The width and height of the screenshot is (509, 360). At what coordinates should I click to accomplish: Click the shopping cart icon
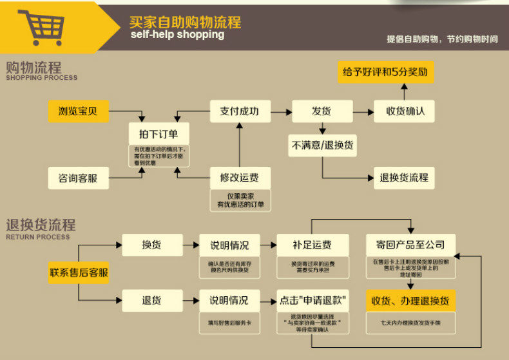[x=41, y=26]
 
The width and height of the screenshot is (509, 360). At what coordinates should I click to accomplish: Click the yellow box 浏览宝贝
[x=78, y=111]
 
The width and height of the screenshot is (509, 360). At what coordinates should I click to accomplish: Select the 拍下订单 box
[x=158, y=134]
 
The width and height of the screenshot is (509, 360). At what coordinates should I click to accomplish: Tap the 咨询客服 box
[x=78, y=178]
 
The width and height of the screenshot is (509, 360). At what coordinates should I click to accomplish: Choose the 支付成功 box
[x=240, y=111]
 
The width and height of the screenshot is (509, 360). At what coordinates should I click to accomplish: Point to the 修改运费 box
[x=240, y=178]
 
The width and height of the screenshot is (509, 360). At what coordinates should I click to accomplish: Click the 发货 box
[x=322, y=111]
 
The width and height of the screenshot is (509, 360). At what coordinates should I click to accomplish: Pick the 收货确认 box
[x=405, y=111]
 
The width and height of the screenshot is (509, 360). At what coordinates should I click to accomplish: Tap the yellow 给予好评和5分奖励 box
[x=386, y=71]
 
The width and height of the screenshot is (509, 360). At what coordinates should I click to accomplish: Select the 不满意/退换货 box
[x=322, y=145]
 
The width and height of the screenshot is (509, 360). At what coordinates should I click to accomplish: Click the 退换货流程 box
[x=404, y=178]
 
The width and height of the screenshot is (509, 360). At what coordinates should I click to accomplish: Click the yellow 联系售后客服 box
[x=79, y=272]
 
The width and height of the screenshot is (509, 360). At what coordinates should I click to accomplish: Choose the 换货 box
[x=151, y=245]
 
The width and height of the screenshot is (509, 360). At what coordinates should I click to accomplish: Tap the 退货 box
[x=151, y=300]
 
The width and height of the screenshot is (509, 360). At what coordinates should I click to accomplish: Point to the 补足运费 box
[x=312, y=245]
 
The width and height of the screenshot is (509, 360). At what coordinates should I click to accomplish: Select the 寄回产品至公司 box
[x=410, y=245]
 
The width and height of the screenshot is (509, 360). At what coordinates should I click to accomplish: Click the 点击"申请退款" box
[x=312, y=300]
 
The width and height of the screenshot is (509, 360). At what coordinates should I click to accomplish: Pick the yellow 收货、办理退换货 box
[x=410, y=300]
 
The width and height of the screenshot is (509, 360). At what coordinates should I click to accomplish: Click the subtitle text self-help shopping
[x=177, y=35]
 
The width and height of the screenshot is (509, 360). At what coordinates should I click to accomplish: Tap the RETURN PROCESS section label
[x=37, y=237]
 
